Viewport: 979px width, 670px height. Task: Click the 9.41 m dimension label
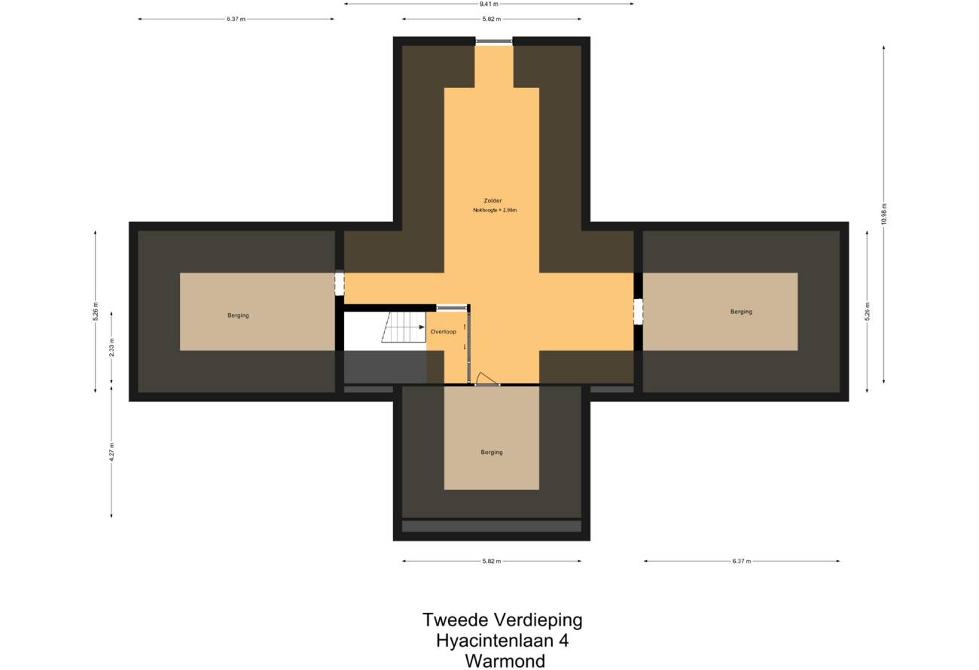[x=489, y=4]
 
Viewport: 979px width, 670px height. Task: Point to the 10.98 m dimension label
[x=883, y=214]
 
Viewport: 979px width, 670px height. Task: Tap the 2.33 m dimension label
[x=111, y=348]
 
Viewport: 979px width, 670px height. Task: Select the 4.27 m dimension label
[x=111, y=452]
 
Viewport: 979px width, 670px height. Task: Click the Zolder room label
[x=493, y=200]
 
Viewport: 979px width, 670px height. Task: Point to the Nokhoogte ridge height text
[x=495, y=210]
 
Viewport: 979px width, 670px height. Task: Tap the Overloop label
[x=443, y=331]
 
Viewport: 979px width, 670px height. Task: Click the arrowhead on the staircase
[x=422, y=327]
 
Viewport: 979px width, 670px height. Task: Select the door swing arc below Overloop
[x=486, y=377]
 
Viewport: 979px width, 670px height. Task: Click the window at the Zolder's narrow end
[x=494, y=41]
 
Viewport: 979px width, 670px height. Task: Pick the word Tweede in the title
[x=455, y=620]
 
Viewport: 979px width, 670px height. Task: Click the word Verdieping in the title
[x=538, y=620]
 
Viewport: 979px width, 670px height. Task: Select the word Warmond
[x=505, y=661]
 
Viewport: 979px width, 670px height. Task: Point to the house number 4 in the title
[x=563, y=641]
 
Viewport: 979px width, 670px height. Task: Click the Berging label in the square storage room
[x=492, y=452]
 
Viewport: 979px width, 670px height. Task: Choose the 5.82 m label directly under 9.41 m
[x=492, y=20]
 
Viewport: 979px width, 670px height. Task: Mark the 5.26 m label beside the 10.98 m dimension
[x=867, y=312]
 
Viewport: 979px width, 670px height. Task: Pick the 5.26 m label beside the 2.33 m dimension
[x=96, y=312]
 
